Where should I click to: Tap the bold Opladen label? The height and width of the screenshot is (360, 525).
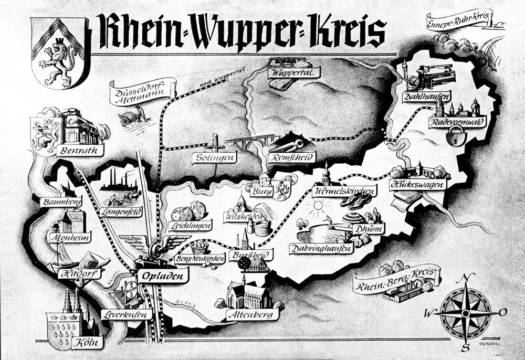pos(163,274)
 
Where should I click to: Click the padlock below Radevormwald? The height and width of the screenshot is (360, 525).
pos(450,137)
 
